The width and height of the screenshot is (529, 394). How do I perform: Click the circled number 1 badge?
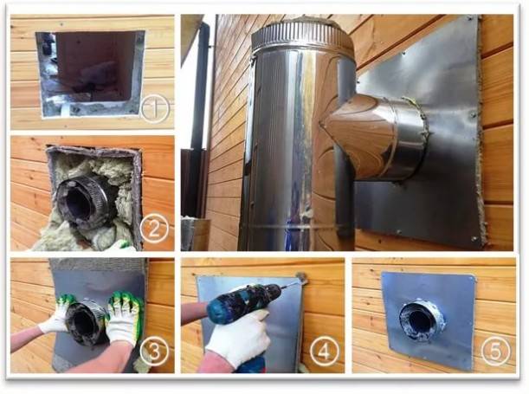(153, 109)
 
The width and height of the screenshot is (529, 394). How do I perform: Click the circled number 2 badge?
(153, 229)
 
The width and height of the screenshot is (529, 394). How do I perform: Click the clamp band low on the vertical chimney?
(290, 227)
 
